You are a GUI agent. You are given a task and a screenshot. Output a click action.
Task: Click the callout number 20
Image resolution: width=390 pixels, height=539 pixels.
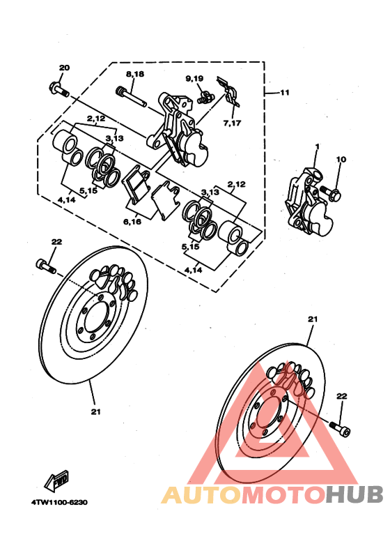(x=64, y=68)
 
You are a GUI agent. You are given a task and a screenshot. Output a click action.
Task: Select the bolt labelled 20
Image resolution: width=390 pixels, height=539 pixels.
(x=59, y=89)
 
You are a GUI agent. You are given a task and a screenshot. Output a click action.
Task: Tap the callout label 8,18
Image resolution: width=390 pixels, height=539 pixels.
(x=135, y=74)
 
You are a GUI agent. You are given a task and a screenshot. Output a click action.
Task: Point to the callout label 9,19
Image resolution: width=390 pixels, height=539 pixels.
(x=194, y=79)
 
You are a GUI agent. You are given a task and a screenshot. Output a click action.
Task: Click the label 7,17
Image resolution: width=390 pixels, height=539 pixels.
(x=233, y=123)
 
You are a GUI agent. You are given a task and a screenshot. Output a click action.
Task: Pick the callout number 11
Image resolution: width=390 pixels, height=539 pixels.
(x=285, y=93)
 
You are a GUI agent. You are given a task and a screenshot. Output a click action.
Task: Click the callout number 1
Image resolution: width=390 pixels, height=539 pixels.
(x=317, y=147)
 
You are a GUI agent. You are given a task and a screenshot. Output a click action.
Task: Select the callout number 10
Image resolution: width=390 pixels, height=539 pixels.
(x=341, y=160)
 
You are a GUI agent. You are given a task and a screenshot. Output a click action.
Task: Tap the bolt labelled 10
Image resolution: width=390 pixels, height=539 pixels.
(x=331, y=193)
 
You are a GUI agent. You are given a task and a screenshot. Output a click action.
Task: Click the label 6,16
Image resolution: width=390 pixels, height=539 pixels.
(x=132, y=222)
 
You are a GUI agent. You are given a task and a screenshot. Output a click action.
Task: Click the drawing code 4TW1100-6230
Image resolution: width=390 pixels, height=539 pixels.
(x=60, y=502)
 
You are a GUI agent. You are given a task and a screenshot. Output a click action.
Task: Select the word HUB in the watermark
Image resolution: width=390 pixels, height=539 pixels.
(x=354, y=494)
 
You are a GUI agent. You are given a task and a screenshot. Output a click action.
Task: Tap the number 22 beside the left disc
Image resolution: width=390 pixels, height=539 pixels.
(x=56, y=242)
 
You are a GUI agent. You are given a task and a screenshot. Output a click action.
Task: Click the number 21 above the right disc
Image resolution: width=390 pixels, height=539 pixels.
(x=313, y=319)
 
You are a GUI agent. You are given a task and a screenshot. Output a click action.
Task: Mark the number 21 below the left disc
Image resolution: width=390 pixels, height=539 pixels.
(x=96, y=411)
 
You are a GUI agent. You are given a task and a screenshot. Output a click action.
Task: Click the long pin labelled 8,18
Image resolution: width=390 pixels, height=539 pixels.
(x=132, y=97)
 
